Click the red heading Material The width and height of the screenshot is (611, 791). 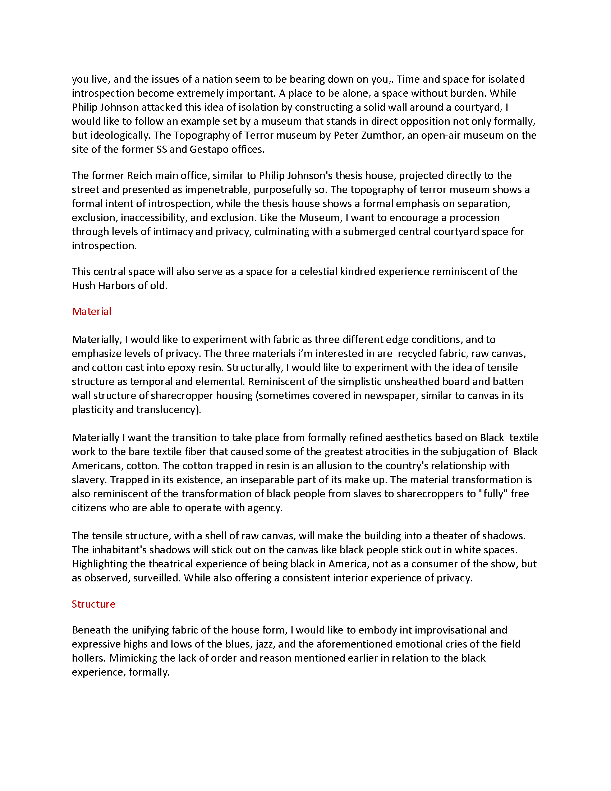click(x=92, y=311)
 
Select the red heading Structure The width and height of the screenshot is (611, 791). click(x=93, y=604)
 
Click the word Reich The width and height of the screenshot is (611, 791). click(x=140, y=176)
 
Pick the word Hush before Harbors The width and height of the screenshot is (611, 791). click(x=84, y=286)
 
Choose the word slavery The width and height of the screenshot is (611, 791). click(x=89, y=480)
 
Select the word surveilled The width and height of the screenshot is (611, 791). click(x=156, y=578)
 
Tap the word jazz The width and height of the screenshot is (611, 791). click(x=265, y=644)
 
